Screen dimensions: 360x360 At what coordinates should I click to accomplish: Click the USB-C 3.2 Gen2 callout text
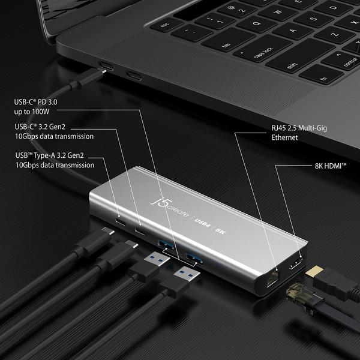point(55,131)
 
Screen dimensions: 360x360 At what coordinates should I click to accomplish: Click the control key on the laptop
point(350,62)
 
